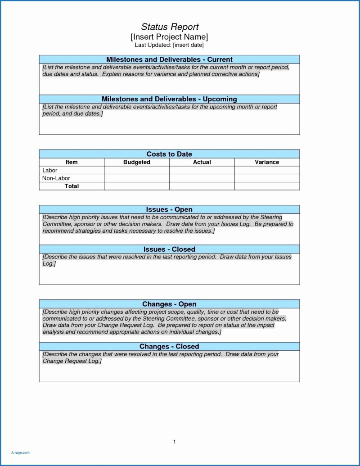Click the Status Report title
[x=169, y=27]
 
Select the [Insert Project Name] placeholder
[x=169, y=37]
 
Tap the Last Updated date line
[x=169, y=45]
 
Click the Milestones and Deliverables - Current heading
[x=169, y=59]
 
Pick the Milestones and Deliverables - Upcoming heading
[x=169, y=99]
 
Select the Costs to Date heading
[x=169, y=154]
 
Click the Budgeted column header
[x=137, y=162]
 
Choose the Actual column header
[x=202, y=162]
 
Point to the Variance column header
[x=267, y=162]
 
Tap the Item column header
[x=72, y=162]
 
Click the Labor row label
[x=50, y=170]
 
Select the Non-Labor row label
[x=56, y=178]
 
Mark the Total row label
[x=72, y=186]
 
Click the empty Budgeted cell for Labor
[x=137, y=170]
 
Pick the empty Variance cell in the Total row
[x=267, y=186]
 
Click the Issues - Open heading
[x=169, y=209]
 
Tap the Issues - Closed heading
[x=169, y=249]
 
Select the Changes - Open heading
[x=169, y=304]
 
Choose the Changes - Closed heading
[x=169, y=346]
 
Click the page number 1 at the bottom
[x=174, y=442]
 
